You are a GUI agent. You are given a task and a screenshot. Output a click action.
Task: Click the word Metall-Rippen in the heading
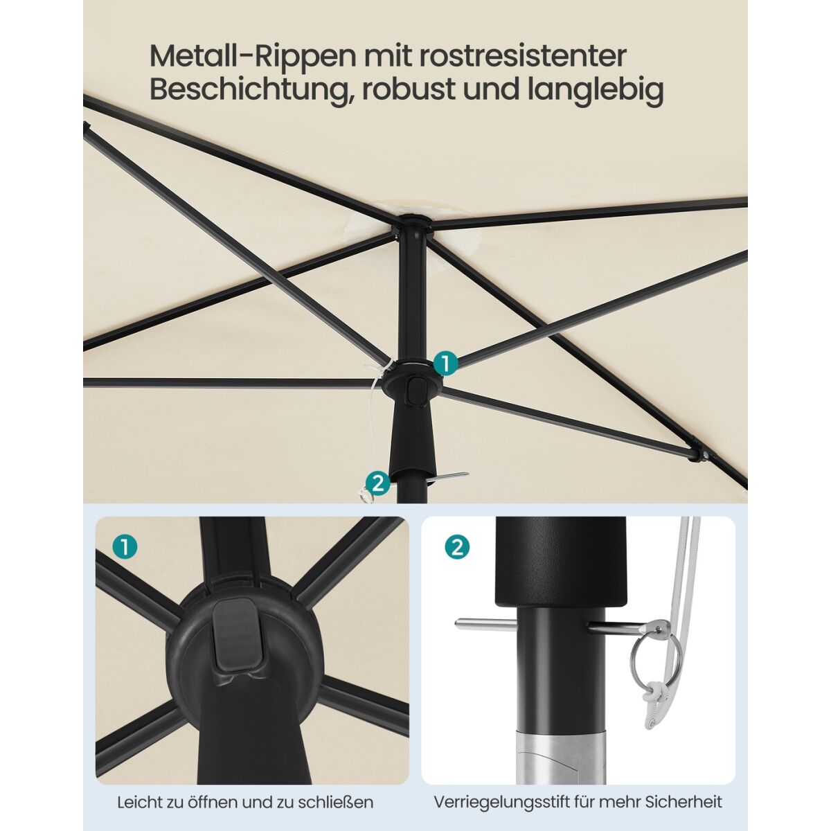(x=252, y=57)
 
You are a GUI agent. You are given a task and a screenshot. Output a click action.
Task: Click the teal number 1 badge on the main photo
(x=445, y=364)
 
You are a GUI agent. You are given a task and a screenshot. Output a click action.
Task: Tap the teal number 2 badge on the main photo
(x=377, y=483)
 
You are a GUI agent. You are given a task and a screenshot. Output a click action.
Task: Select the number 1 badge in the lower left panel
(x=125, y=548)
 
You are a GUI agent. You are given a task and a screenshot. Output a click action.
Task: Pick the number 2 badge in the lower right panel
(x=456, y=548)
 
